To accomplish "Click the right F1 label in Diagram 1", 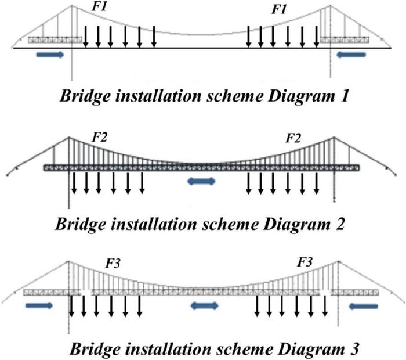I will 281,10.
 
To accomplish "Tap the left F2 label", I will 100,138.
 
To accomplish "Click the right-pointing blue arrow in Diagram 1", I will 49,54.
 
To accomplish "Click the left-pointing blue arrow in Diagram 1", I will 351,54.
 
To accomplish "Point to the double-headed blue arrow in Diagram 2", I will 202,181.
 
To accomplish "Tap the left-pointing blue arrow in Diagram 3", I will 365,305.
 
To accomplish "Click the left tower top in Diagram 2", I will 70,138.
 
